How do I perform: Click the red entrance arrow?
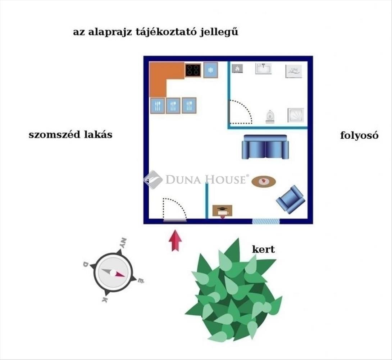click(175, 240)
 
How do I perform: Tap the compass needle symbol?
click(113, 273)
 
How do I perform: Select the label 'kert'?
click(263, 249)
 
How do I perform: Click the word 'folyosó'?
click(359, 136)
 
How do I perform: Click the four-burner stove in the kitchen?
click(193, 70)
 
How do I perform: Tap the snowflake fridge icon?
click(211, 70)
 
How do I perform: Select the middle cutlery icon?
click(173, 106)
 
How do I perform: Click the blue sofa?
click(265, 147)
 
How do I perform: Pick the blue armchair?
click(291, 199)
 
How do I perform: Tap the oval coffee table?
click(264, 181)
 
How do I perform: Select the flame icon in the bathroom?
click(237, 68)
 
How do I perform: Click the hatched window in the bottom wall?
click(265, 221)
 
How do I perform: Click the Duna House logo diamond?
click(153, 179)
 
